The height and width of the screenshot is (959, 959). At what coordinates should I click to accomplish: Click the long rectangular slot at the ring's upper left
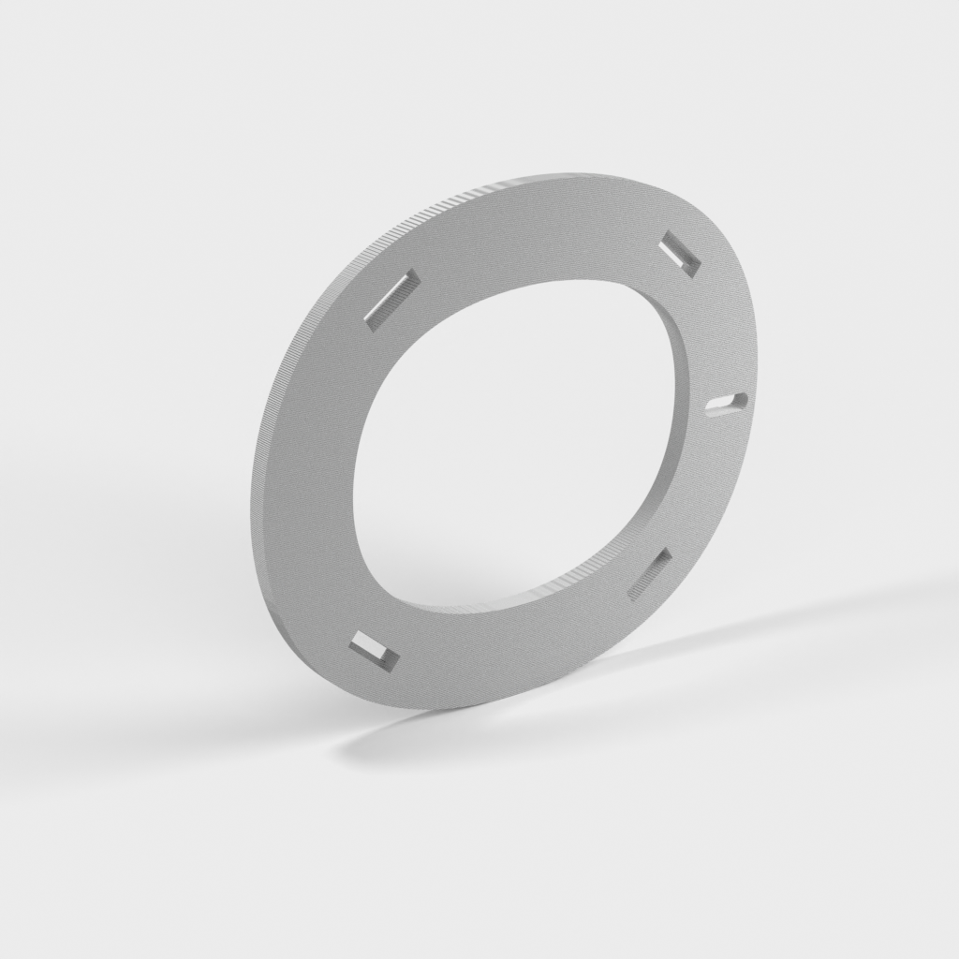tap(391, 299)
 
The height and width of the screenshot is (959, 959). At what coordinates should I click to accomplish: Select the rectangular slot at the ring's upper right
tap(680, 254)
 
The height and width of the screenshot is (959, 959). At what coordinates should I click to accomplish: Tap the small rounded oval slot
tap(728, 402)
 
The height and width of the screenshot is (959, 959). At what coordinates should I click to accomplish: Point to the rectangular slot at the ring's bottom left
tap(374, 651)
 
